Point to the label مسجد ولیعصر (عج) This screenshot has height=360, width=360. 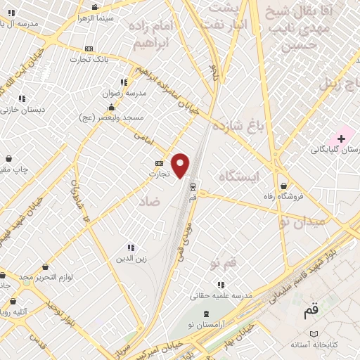(x=111, y=119)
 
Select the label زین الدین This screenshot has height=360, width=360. (x=131, y=259)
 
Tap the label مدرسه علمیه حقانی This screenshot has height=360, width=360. (x=221, y=296)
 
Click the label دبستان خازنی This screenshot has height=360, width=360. (x=22, y=110)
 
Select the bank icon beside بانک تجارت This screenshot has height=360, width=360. (x=88, y=49)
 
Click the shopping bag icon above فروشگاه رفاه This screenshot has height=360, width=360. (x=283, y=186)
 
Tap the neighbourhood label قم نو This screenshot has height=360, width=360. (x=225, y=262)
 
